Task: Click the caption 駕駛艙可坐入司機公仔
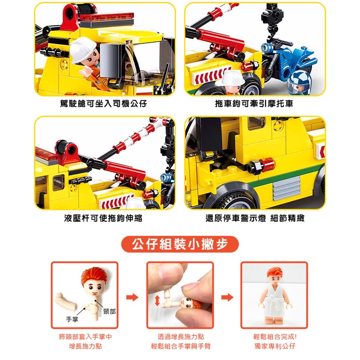click(x=103, y=104)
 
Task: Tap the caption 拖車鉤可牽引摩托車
click(x=254, y=104)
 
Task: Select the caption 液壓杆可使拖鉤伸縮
click(x=103, y=218)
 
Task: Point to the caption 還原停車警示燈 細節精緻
click(x=255, y=218)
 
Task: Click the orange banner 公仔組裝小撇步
click(x=180, y=244)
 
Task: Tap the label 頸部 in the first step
click(x=109, y=312)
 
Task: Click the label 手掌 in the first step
click(x=72, y=319)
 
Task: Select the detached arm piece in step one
click(x=66, y=301)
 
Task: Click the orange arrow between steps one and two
click(x=132, y=298)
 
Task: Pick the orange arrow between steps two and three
click(x=228, y=298)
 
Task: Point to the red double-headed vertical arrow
click(x=157, y=300)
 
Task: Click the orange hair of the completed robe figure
click(x=275, y=273)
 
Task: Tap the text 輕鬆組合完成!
click(x=275, y=337)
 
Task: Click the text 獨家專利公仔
click(x=275, y=346)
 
